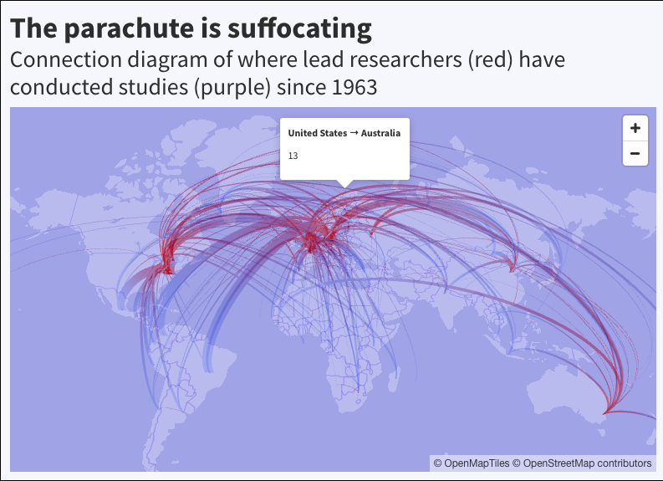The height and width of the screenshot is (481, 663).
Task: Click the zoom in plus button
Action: (x=635, y=128)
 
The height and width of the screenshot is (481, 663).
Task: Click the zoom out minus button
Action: (x=635, y=153)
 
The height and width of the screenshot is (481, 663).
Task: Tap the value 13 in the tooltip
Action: (x=293, y=156)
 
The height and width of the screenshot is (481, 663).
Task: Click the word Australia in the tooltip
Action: (x=380, y=133)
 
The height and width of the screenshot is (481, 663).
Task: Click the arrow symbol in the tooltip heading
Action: (x=354, y=133)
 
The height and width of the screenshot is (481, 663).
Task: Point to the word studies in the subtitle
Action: (x=149, y=87)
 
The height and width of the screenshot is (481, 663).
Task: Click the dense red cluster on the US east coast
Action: (x=167, y=266)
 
